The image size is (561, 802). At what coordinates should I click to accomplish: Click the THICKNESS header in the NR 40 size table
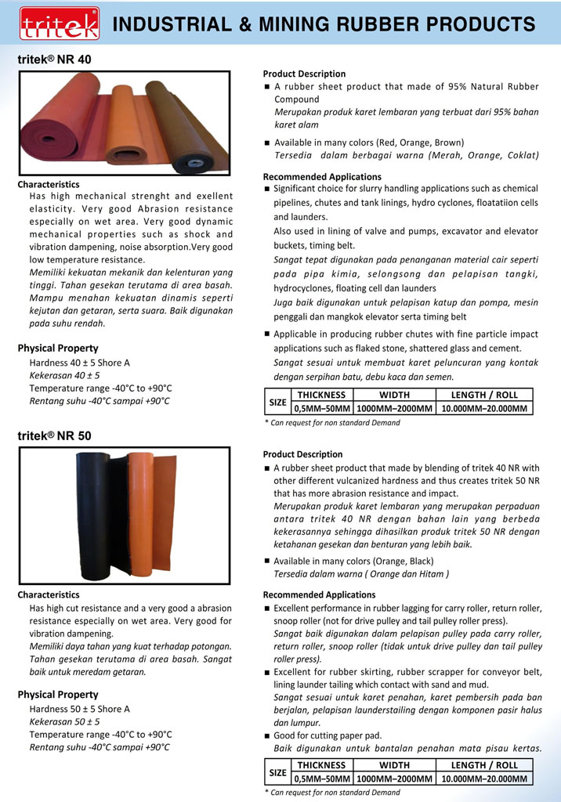tap(321, 395)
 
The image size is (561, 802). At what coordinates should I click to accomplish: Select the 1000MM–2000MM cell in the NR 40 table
tap(394, 408)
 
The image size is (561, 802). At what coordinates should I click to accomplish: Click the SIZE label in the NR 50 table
tap(278, 772)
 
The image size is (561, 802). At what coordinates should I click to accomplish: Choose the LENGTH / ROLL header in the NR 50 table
tap(484, 765)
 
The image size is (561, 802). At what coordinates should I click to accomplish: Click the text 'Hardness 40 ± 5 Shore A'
tap(79, 363)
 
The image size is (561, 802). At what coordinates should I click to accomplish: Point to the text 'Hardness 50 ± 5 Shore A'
tap(79, 709)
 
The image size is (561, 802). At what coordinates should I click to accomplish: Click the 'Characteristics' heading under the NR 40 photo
tap(49, 185)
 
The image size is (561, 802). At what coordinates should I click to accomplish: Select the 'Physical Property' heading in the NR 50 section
tap(58, 695)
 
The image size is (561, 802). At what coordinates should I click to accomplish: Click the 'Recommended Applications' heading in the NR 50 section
tap(319, 594)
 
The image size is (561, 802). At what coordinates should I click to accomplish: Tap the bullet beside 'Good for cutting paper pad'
tap(267, 736)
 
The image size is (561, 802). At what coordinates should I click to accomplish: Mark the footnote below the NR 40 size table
tap(332, 423)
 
